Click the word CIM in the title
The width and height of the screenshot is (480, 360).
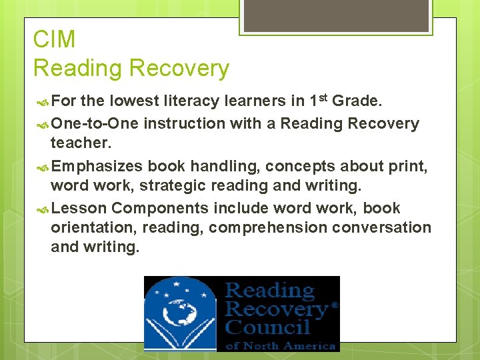pos(54,39)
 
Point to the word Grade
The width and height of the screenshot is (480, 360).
pos(357,101)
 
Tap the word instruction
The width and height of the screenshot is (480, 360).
pos(184,123)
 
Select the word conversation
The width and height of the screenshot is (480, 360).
pos(382,227)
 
